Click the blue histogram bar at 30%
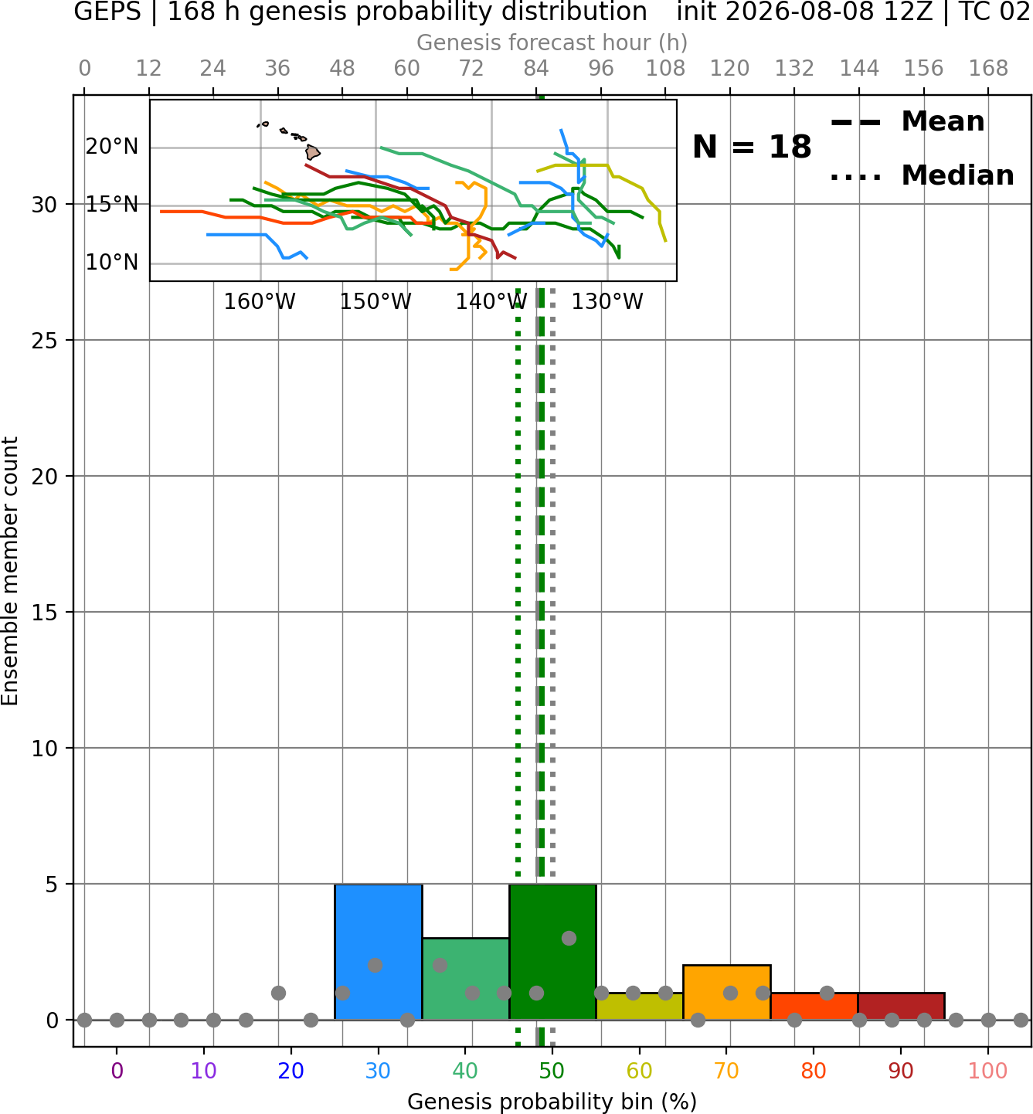[x=378, y=952]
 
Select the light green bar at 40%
[x=466, y=979]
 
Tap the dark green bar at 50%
[x=552, y=952]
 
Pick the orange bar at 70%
[x=727, y=992]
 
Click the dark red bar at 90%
[x=902, y=1007]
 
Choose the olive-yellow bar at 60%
[x=640, y=1007]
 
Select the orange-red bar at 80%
[x=814, y=1007]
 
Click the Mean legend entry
[x=907, y=122]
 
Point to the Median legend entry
[x=922, y=175]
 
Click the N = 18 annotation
[x=752, y=147]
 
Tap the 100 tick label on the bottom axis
[x=988, y=1071]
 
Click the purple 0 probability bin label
[x=117, y=1071]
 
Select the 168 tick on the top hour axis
[x=988, y=69]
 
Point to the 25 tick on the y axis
[x=45, y=341]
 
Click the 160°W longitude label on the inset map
[x=260, y=302]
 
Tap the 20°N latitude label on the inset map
[x=112, y=147]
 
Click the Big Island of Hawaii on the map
[x=313, y=152]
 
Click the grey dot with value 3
[x=569, y=939]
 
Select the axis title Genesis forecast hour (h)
[x=552, y=42]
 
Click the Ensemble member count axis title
[x=9, y=571]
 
